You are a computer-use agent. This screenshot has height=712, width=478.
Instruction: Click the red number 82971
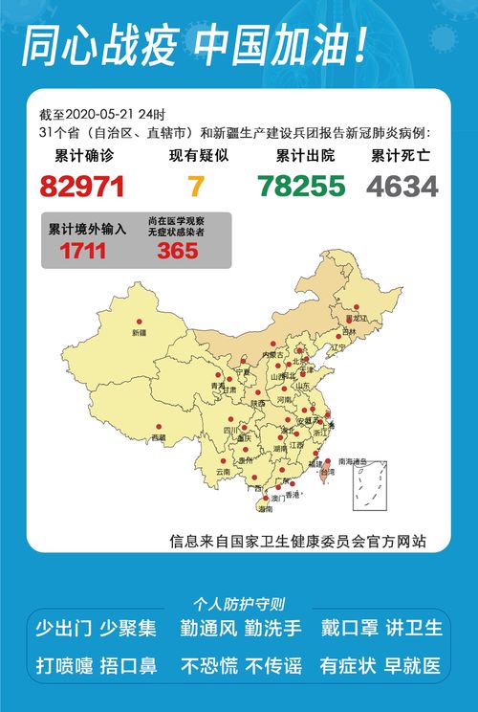point(83,186)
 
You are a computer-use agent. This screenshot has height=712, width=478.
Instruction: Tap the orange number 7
point(196,186)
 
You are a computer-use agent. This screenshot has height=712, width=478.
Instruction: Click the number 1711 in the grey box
point(83,252)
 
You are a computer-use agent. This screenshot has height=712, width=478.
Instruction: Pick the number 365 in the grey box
point(178,252)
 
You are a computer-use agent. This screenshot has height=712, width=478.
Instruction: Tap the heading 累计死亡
point(402,156)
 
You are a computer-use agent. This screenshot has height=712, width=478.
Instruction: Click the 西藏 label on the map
point(158,437)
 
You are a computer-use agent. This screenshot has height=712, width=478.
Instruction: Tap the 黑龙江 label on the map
point(358,317)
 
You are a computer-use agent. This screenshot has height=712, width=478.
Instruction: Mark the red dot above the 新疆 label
point(140,323)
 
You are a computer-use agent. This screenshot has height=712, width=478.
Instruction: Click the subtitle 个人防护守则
point(238,604)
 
